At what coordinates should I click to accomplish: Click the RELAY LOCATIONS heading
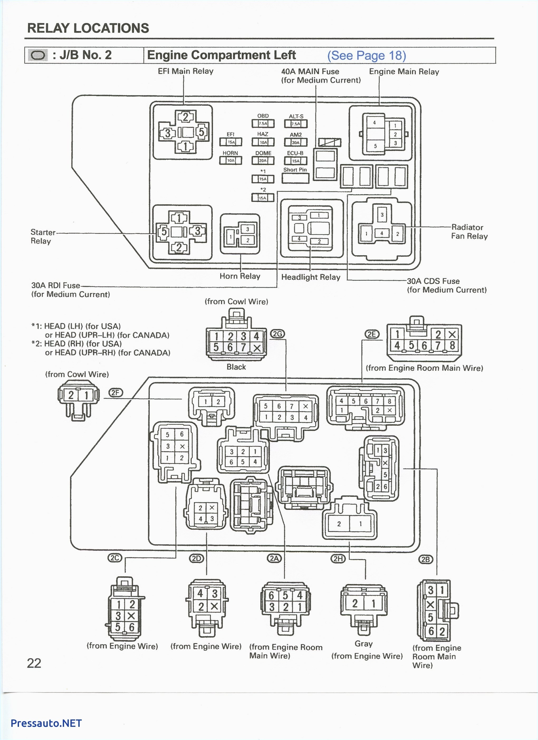coord(88,28)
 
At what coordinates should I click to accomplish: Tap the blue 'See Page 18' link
coord(366,55)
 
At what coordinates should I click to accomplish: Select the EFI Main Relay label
coord(185,71)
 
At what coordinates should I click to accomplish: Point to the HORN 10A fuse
coord(230,160)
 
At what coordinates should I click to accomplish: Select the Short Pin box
coord(295,178)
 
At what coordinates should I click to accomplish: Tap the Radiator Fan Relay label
coord(469,232)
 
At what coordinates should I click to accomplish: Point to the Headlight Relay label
coord(310,277)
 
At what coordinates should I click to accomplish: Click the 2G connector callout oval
coord(277,334)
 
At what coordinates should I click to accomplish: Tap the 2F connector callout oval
coord(115,393)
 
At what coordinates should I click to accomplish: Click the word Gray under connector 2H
coord(363,644)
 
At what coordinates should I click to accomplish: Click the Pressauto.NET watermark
coord(46,723)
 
